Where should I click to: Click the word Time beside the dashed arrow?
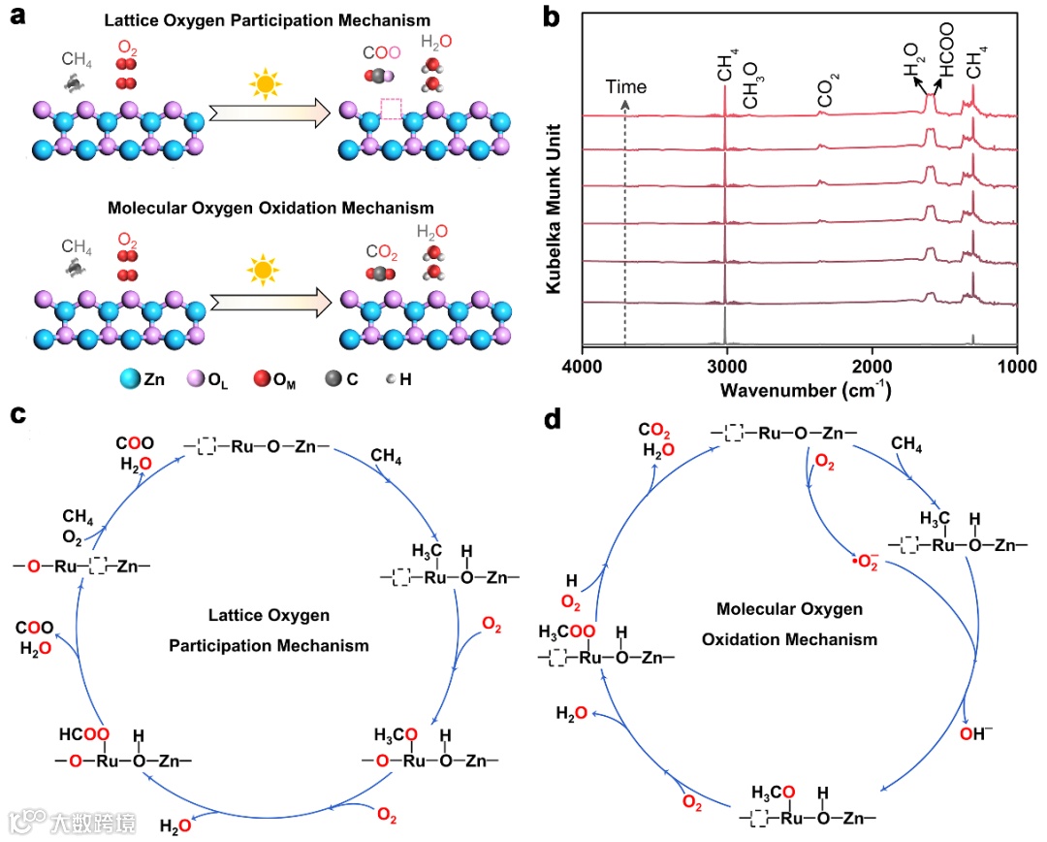(x=625, y=86)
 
